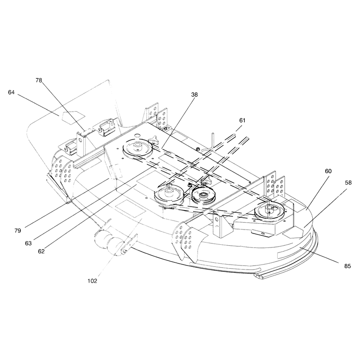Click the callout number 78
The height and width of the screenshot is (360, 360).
pyautogui.click(x=39, y=81)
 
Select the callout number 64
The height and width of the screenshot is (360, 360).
pyautogui.click(x=11, y=92)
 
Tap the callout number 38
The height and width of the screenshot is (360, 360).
pyautogui.click(x=194, y=94)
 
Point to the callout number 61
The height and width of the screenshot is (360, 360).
pyautogui.click(x=242, y=120)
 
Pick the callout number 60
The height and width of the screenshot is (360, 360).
pyautogui.click(x=328, y=171)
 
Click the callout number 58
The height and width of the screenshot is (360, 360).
pyautogui.click(x=348, y=183)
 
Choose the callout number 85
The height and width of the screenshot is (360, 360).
pyautogui.click(x=347, y=266)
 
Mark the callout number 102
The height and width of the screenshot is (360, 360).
pyautogui.click(x=92, y=281)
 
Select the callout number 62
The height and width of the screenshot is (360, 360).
pyautogui.click(x=41, y=252)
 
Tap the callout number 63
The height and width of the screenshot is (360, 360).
pyautogui.click(x=28, y=243)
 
